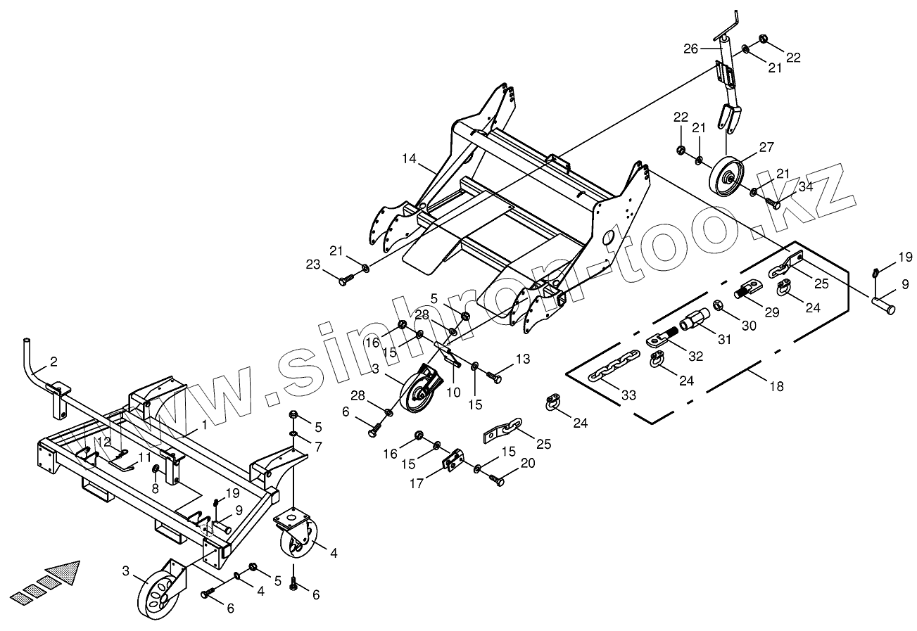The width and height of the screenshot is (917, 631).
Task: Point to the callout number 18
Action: (776, 386)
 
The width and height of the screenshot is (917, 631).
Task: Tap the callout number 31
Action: (725, 339)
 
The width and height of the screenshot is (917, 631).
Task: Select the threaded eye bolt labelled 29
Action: (750, 288)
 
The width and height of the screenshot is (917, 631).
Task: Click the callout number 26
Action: (691, 49)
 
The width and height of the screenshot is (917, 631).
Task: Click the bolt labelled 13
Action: (495, 378)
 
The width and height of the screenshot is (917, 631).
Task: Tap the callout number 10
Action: (454, 391)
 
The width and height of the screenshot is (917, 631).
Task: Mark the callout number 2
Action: (54, 362)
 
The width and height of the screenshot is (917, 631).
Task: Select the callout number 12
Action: (104, 442)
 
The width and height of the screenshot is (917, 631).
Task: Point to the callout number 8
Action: (156, 488)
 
